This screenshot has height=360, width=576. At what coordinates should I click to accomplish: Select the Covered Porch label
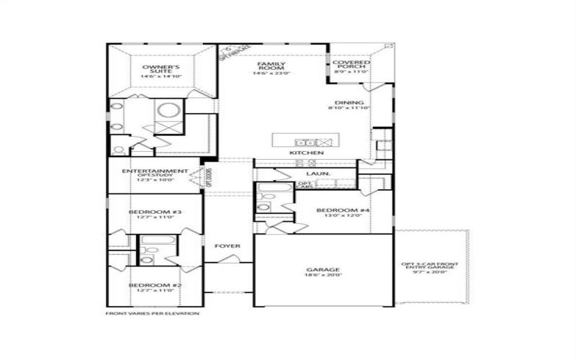[351, 66]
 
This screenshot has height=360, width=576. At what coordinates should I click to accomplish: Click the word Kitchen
[306, 153]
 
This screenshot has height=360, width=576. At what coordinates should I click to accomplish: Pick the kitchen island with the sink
[305, 140]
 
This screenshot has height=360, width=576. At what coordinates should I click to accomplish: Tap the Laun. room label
[318, 174]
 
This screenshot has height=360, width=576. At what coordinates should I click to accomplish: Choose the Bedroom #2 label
[155, 285]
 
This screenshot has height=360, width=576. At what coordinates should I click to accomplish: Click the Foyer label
[227, 246]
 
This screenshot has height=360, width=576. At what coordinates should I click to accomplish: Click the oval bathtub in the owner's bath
[169, 111]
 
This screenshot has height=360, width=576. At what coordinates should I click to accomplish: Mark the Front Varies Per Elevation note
[152, 314]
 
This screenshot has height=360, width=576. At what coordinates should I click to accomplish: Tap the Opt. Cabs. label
[305, 186]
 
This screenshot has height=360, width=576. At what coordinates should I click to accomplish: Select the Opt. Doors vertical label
[209, 176]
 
